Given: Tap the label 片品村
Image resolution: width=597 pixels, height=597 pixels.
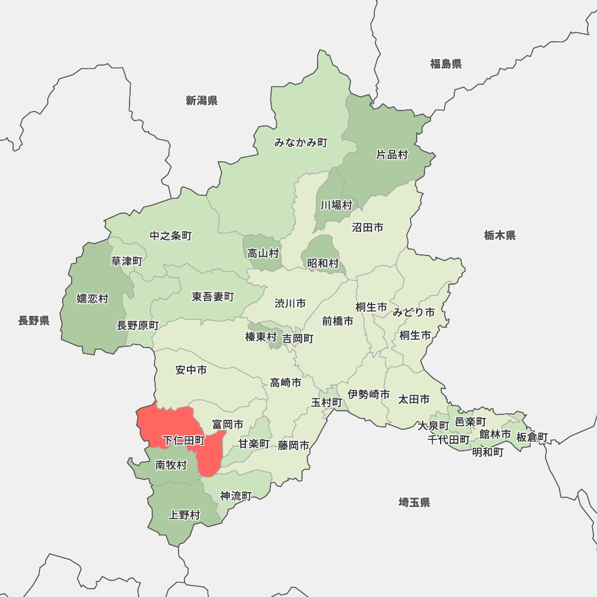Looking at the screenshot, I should coord(392,155).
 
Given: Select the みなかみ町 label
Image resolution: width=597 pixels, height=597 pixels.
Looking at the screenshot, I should coord(301,143).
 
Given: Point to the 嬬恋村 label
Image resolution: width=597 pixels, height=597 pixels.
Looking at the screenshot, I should coord(93,298).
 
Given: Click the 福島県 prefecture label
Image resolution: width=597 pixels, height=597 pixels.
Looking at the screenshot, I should coord(446,64).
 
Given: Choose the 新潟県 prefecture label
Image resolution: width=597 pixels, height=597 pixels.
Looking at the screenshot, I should coord(201,100).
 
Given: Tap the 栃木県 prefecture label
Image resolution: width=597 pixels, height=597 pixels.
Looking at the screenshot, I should coord(500,235).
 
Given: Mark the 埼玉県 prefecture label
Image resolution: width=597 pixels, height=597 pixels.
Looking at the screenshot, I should coord(414,502).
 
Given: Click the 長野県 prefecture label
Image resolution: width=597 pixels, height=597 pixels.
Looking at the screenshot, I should coord(33,321).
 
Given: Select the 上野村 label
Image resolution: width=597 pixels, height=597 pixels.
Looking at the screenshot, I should coord(184,515).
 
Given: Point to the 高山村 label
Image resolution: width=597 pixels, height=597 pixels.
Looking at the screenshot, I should coord(263,253).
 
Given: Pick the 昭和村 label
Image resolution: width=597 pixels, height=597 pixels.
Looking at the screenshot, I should coord(323,263).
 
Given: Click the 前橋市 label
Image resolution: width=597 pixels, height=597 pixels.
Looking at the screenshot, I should coord(338,321).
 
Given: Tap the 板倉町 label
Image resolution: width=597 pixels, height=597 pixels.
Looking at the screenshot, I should coord(532,438).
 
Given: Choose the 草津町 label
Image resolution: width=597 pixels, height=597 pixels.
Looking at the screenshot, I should coord(127,261).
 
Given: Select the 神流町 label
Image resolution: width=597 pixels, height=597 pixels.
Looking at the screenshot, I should coord(236,496).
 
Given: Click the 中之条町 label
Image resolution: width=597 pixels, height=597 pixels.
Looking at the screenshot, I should coord(171,236).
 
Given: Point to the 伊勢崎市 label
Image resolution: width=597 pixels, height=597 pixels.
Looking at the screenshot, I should coord(369,395).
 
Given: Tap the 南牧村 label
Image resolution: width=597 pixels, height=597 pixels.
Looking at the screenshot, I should coord(171,465).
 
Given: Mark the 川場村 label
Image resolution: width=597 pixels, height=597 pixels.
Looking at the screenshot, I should coord(336,205).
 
